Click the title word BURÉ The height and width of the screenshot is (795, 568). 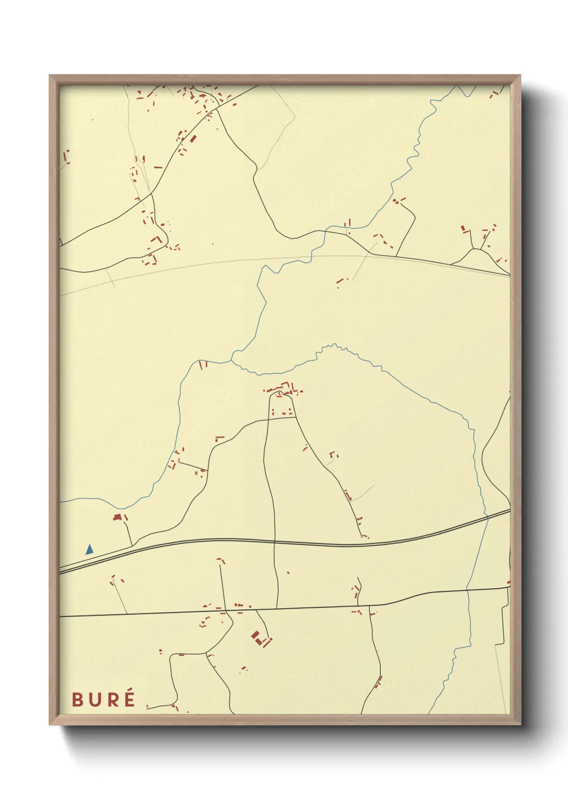tap(103, 699)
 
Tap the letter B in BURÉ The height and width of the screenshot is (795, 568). tap(77, 700)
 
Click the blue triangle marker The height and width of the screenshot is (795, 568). tap(89, 550)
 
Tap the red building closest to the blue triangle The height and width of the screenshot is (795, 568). tap(117, 517)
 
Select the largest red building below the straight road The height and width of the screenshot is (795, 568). tap(256, 636)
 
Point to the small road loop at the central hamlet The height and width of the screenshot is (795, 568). tap(279, 395)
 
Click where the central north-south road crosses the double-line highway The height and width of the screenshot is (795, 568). tap(274, 541)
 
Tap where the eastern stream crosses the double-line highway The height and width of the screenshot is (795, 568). tap(487, 518)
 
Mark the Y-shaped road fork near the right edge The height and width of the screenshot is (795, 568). tap(475, 249)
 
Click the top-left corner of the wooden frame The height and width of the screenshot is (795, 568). tap(50, 76)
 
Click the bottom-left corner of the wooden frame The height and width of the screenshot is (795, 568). tap(50, 724)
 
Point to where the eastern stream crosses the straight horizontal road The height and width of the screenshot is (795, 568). tap(468, 590)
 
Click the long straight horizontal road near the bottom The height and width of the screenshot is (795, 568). tap(161, 613)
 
